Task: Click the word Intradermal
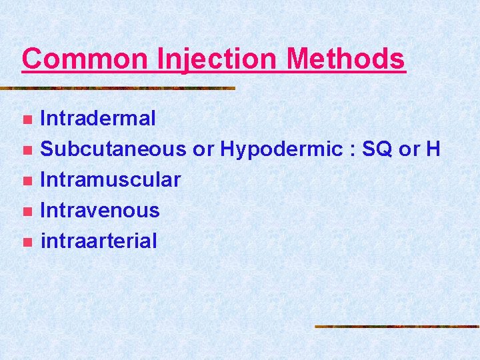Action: [x=98, y=119]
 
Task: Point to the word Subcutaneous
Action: [x=113, y=149]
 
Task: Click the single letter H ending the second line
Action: [x=433, y=149]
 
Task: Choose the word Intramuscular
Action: [x=111, y=179]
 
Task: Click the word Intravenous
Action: [x=100, y=210]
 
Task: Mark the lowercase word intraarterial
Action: [x=99, y=241]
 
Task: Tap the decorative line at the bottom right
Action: [x=397, y=326]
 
